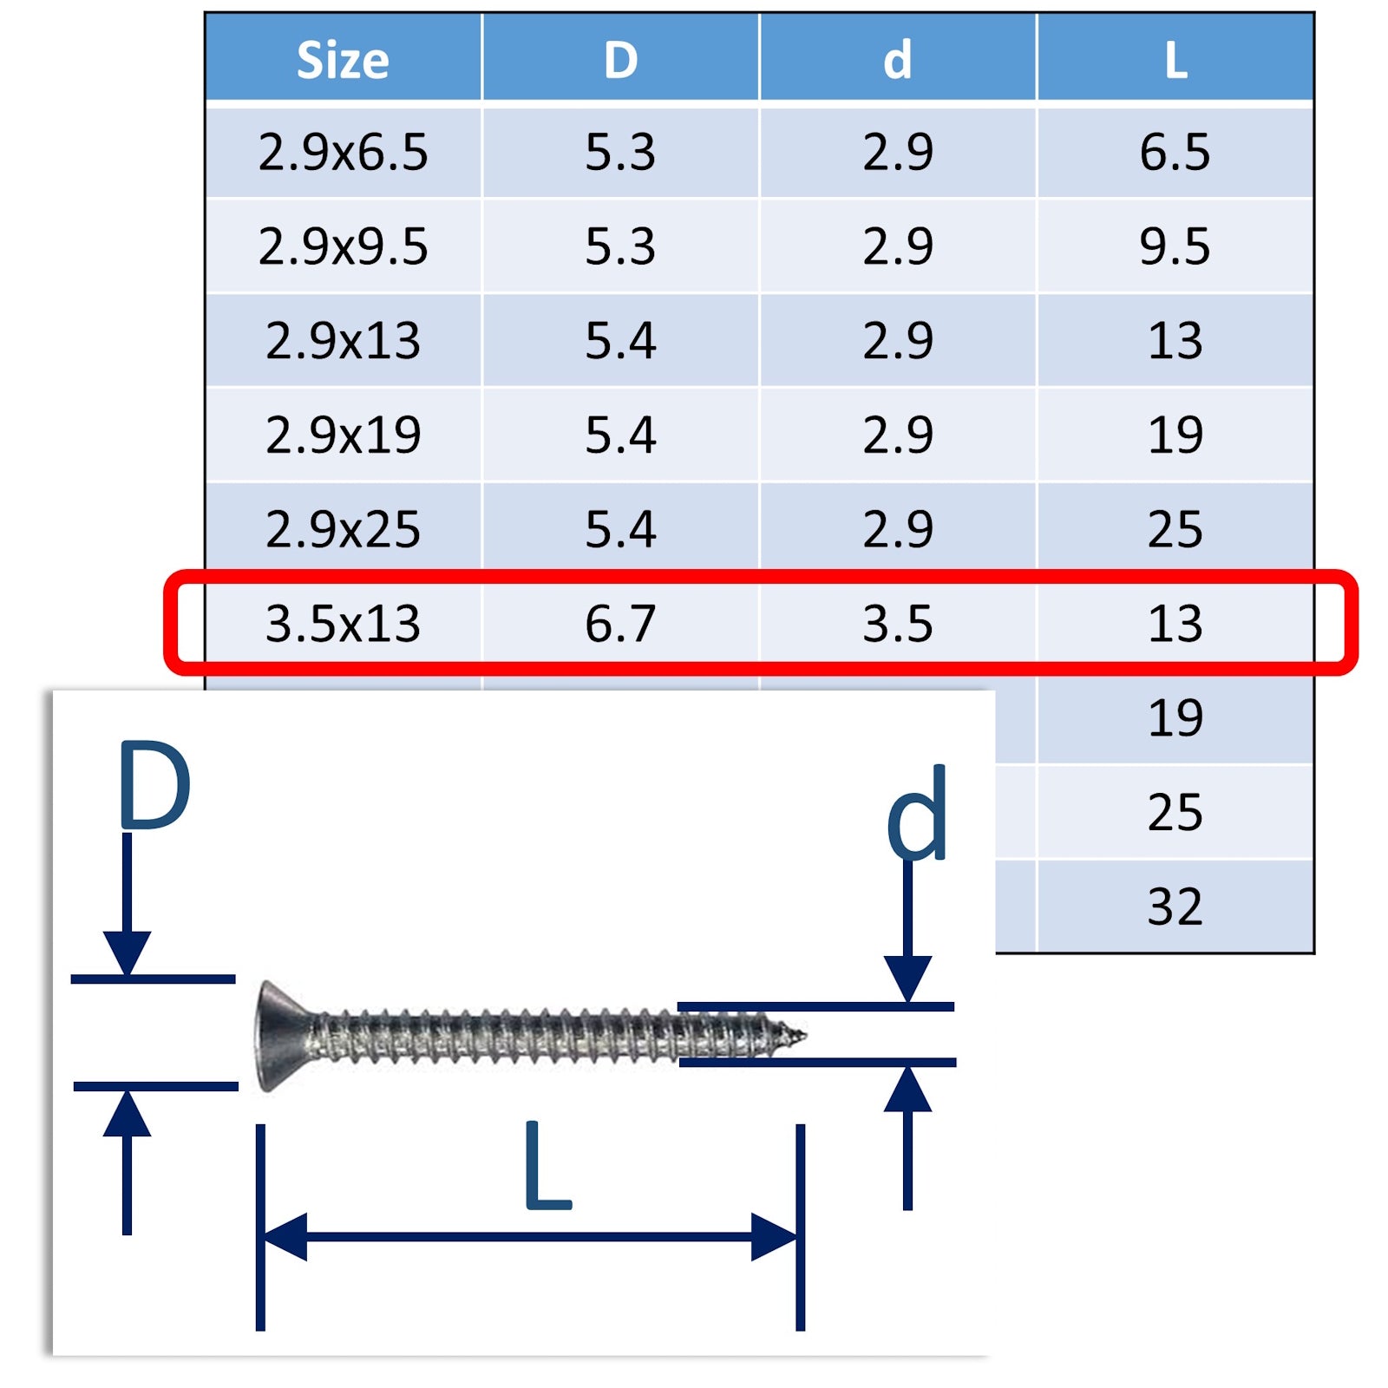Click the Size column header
[343, 61]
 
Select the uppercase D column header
[620, 61]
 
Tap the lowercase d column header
[898, 61]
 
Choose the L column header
[1175, 61]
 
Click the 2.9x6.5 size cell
[343, 153]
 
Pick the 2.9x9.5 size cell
[343, 246]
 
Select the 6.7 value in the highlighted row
[620, 624]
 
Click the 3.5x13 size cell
[343, 624]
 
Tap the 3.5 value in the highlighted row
[898, 624]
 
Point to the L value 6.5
[1175, 153]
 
